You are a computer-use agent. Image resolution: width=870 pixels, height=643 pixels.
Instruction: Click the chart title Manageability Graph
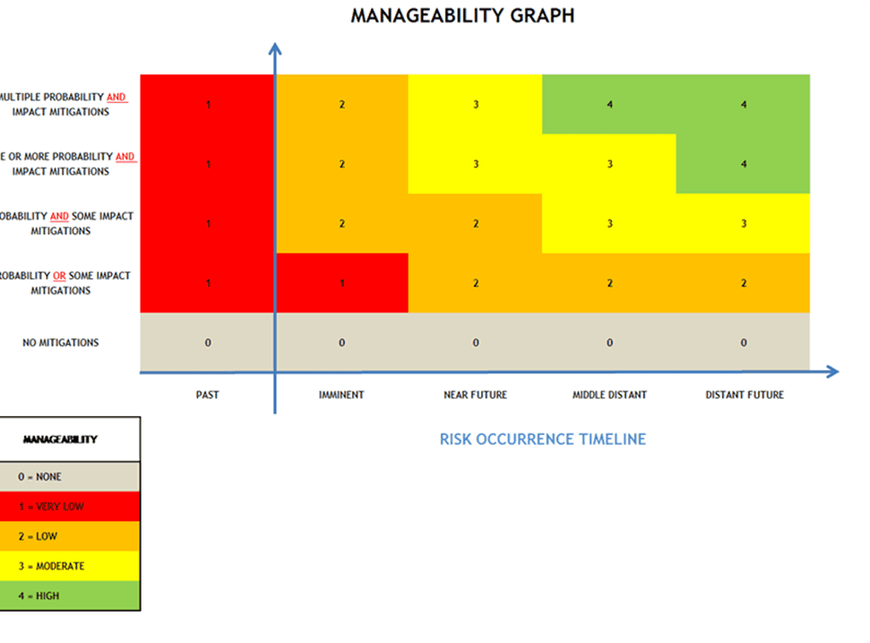click(x=462, y=16)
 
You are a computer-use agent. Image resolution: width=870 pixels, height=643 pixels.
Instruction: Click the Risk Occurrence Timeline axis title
click(x=542, y=439)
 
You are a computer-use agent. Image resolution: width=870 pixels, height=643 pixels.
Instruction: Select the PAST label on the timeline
click(x=207, y=395)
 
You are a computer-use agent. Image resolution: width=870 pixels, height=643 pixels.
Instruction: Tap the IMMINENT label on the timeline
click(x=341, y=395)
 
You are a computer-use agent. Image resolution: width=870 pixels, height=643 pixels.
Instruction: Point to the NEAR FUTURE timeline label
click(x=475, y=395)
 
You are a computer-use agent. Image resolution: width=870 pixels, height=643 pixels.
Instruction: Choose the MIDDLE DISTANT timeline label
click(x=609, y=395)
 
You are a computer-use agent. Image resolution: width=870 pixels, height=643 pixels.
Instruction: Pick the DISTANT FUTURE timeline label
click(x=744, y=395)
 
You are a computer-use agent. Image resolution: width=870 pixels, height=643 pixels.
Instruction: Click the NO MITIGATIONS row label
click(x=61, y=343)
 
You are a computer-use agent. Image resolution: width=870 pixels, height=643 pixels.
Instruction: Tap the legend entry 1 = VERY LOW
click(x=51, y=507)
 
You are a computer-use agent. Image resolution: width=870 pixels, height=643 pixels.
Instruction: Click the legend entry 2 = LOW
click(x=39, y=536)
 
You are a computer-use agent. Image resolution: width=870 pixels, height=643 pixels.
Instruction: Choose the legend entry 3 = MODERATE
click(x=51, y=566)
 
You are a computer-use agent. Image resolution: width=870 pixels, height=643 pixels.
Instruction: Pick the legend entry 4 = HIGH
click(x=39, y=595)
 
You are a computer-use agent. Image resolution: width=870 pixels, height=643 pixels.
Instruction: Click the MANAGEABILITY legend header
click(x=60, y=439)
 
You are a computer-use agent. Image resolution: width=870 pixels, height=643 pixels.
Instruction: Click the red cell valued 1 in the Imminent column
click(x=341, y=283)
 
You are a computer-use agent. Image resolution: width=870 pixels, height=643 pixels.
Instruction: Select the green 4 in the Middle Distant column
click(x=609, y=104)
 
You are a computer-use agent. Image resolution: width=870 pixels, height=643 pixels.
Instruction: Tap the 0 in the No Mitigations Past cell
click(x=207, y=343)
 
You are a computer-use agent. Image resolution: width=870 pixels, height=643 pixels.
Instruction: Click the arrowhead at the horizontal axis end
click(x=832, y=371)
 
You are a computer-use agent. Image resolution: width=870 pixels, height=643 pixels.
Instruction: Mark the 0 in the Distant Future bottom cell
click(x=744, y=343)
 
